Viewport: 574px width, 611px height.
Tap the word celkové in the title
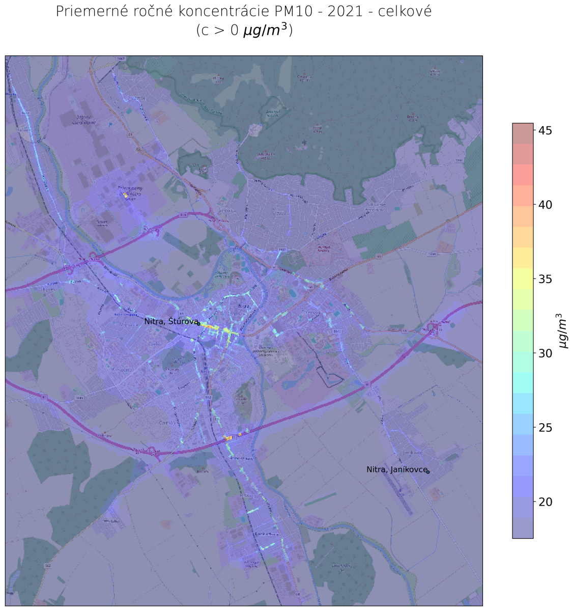406,12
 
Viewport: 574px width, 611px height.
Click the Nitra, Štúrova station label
170,322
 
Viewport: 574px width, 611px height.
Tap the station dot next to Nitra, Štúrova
198,324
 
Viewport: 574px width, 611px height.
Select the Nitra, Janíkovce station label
396,469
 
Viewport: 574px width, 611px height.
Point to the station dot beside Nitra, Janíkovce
428,472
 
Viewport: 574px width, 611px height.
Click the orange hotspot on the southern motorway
228,437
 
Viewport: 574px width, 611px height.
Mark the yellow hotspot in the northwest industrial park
125,195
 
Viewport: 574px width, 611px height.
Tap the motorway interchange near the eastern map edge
436,328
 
